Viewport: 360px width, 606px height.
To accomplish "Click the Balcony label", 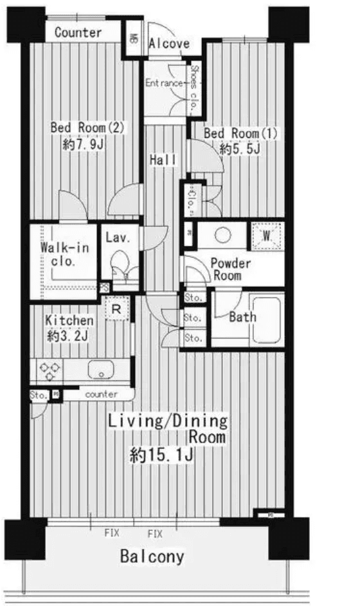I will point(152,556).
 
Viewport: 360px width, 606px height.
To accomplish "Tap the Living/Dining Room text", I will point(168,429).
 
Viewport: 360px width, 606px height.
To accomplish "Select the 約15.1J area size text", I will point(162,456).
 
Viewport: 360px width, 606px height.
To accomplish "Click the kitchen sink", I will point(100,370).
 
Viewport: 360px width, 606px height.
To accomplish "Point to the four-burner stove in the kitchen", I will point(50,370).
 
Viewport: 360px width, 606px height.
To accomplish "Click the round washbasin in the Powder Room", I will point(222,235).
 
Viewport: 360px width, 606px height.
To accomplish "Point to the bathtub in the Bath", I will point(265,318).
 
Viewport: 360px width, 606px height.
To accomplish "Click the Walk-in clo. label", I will point(59,255).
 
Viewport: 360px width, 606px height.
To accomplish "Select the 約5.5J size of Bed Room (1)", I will point(239,149).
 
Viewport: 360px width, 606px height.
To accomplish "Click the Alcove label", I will point(169,44).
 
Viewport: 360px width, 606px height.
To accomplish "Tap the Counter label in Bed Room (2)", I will point(78,32).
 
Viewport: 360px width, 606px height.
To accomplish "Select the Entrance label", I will point(164,83).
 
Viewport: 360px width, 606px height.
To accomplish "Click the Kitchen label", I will point(69,320).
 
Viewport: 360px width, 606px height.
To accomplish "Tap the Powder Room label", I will point(231,270).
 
